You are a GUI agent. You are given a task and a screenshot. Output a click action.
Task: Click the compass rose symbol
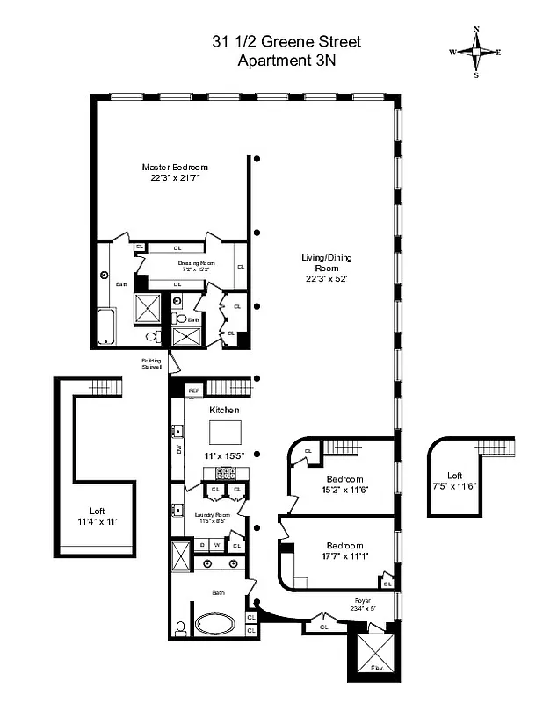[x=476, y=52]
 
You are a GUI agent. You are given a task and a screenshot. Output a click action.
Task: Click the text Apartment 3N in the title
[x=286, y=61]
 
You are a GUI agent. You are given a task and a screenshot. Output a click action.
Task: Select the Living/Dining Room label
[x=321, y=266]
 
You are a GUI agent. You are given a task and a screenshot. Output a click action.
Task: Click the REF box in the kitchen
[x=193, y=390]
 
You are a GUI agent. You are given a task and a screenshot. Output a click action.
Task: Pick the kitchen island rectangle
[x=225, y=433]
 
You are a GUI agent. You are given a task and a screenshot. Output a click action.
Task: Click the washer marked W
[x=217, y=545]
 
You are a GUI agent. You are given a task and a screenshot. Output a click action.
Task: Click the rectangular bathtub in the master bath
[x=105, y=326]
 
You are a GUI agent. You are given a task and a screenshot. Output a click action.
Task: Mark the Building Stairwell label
[x=152, y=363]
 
